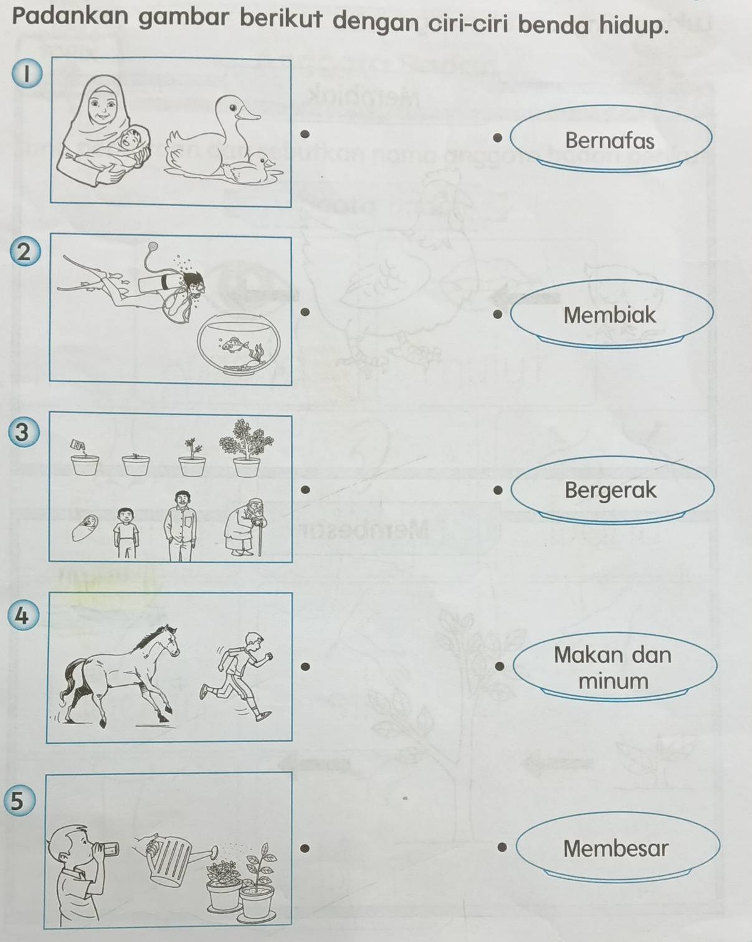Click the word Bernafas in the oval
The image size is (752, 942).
[x=610, y=141]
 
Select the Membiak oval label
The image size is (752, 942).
[x=611, y=314]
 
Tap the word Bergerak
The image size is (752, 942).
[x=610, y=490]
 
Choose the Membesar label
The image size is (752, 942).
[x=617, y=848]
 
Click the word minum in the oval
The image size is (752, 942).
[x=613, y=681]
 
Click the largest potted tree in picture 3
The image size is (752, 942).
[x=247, y=447]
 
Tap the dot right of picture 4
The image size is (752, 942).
[x=307, y=666]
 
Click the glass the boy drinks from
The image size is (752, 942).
[x=108, y=849]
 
